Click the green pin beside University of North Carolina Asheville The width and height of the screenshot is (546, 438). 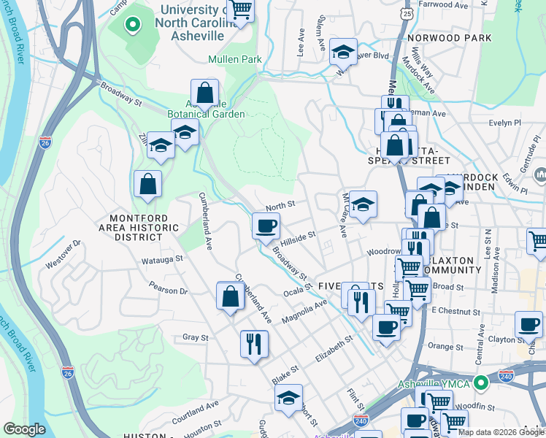(x=131, y=26)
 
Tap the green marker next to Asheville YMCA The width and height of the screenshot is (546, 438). (x=480, y=383)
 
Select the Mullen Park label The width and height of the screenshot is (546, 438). (x=234, y=59)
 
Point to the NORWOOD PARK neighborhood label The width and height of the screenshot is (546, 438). (x=450, y=38)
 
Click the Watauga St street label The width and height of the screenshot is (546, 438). (x=146, y=259)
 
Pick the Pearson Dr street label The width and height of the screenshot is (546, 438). (x=169, y=291)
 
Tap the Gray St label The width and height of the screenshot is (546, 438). (x=196, y=337)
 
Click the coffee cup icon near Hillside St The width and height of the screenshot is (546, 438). (x=266, y=225)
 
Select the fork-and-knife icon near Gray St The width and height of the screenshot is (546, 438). (x=254, y=342)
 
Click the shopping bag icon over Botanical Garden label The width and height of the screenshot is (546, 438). (x=205, y=92)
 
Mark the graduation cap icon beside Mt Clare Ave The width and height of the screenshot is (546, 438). (x=363, y=204)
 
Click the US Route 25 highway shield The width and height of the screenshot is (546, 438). (x=406, y=13)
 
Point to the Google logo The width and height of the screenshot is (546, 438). (x=24, y=429)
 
